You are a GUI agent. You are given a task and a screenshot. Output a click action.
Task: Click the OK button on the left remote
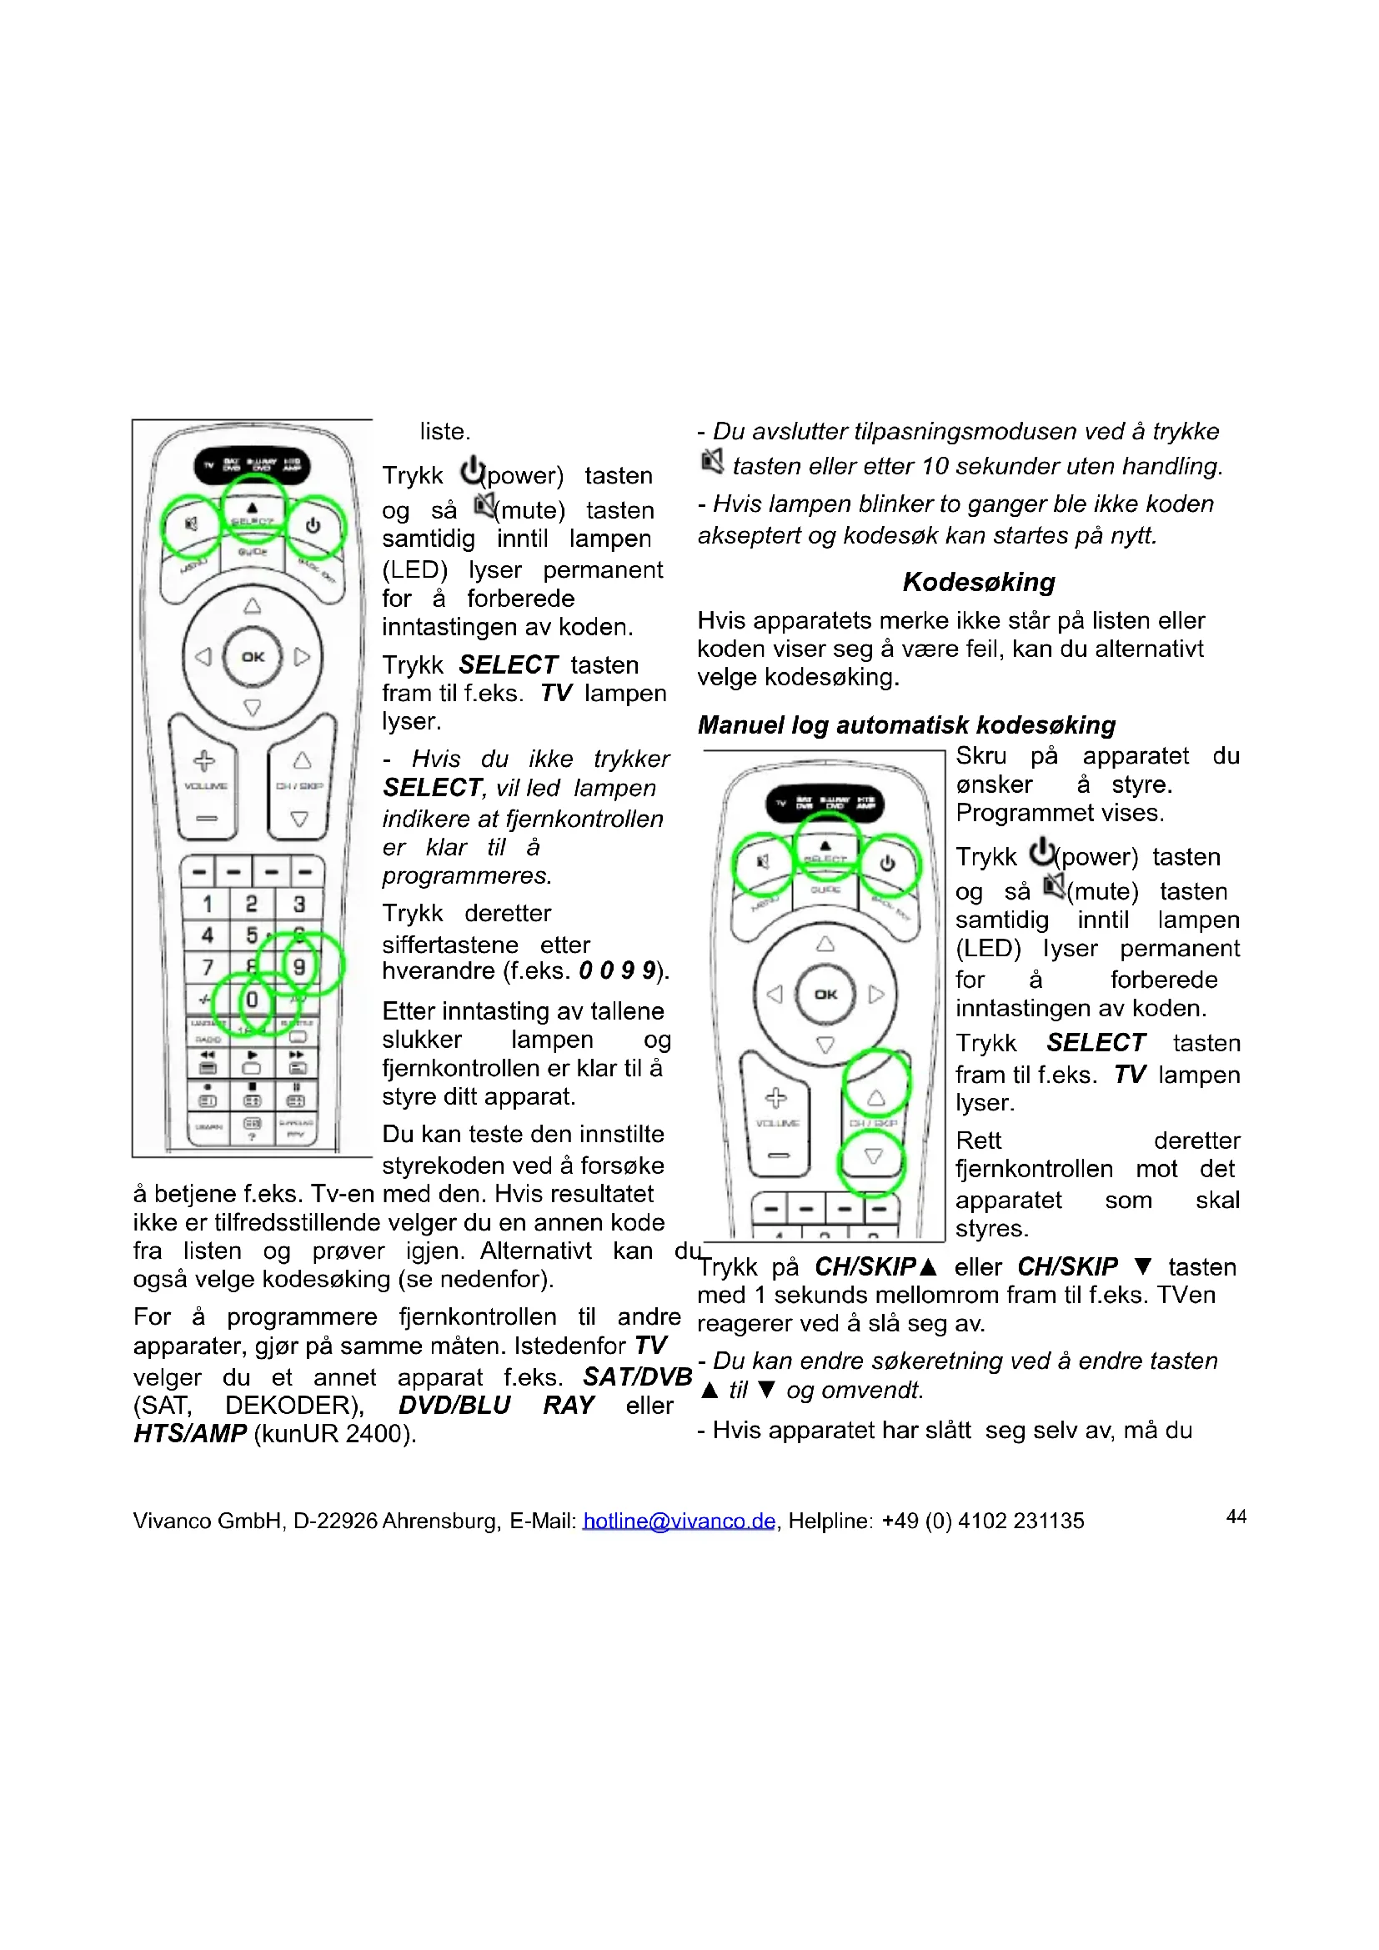(x=252, y=656)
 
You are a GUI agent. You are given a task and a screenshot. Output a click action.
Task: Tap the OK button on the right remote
(x=825, y=994)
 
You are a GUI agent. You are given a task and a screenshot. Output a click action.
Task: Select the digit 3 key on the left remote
(x=299, y=904)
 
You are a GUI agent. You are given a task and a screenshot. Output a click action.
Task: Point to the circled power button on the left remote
(x=313, y=526)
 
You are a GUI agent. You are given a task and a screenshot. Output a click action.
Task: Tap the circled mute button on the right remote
(x=762, y=863)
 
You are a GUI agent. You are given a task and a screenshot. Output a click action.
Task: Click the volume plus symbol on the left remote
(x=204, y=760)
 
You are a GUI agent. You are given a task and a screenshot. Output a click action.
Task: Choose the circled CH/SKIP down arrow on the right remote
(x=873, y=1157)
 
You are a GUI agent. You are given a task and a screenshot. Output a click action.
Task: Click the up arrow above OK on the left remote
(x=252, y=605)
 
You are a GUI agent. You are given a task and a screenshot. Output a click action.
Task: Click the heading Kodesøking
(x=978, y=582)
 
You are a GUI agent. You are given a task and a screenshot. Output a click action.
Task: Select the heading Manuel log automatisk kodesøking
(x=906, y=724)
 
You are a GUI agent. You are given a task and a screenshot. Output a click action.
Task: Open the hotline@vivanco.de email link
(x=679, y=1521)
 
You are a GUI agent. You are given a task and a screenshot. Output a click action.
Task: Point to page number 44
(x=1236, y=1516)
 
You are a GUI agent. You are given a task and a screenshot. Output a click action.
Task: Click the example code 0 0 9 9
(x=617, y=970)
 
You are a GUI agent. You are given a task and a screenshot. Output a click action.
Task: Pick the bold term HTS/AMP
(x=189, y=1434)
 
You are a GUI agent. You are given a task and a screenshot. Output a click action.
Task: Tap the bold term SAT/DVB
(x=637, y=1376)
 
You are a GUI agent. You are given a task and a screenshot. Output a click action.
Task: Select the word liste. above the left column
(x=445, y=432)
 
